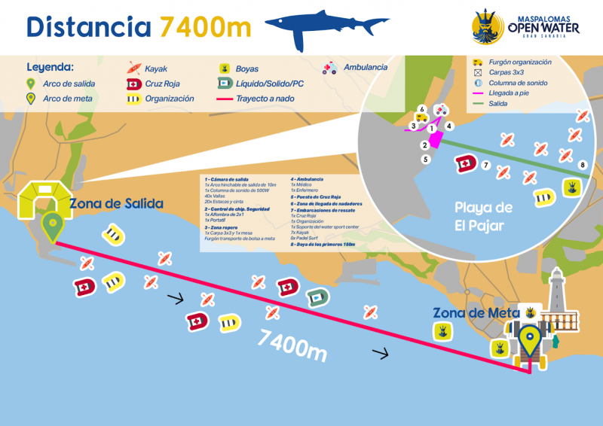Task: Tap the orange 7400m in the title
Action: (204, 27)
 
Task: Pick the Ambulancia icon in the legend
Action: (329, 68)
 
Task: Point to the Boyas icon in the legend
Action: (224, 68)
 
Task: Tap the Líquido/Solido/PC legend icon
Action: (224, 84)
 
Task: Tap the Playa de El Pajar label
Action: (484, 215)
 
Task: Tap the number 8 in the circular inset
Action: (582, 164)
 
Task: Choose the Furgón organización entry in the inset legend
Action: (520, 62)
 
